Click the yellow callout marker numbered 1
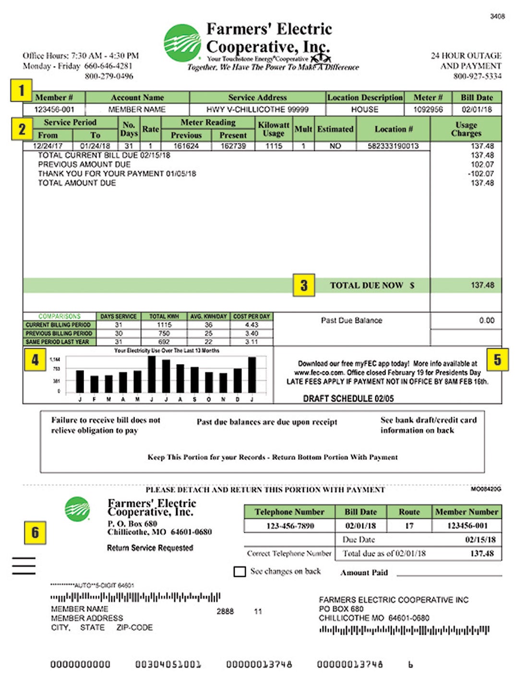pyautogui.click(x=21, y=90)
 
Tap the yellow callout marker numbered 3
pyautogui.click(x=304, y=285)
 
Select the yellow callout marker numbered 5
pyautogui.click(x=497, y=359)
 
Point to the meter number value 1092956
pyautogui.click(x=428, y=110)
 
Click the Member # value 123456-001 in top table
pyautogui.click(x=54, y=110)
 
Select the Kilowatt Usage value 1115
pyautogui.click(x=274, y=146)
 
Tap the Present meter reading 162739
pyautogui.click(x=233, y=146)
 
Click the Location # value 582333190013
pyautogui.click(x=393, y=146)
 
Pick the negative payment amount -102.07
pyautogui.click(x=481, y=174)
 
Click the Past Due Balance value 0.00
pyautogui.click(x=486, y=320)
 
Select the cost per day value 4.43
pyautogui.click(x=252, y=325)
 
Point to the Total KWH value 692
pyautogui.click(x=164, y=342)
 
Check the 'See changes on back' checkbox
pyautogui.click(x=240, y=572)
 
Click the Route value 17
pyautogui.click(x=409, y=526)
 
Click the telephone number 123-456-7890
pyautogui.click(x=290, y=526)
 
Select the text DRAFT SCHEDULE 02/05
pyautogui.click(x=348, y=398)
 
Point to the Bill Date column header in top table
pyautogui.click(x=477, y=98)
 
